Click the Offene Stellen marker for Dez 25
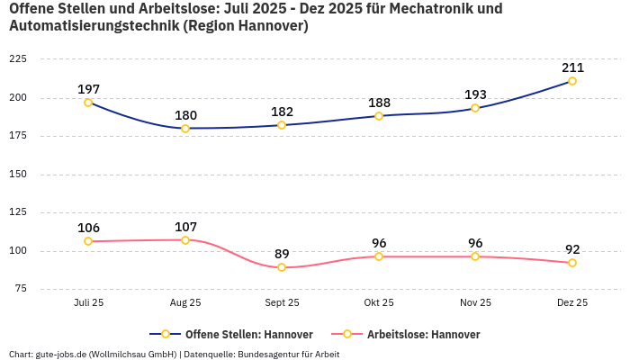point(572,81)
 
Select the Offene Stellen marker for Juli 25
point(88,103)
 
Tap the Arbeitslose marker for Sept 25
point(282,267)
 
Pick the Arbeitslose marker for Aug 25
point(185,240)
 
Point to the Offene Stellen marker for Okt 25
point(379,116)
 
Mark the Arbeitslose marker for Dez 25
point(572,263)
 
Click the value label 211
point(572,67)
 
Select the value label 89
point(282,254)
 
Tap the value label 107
point(185,227)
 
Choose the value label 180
point(185,115)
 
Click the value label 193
point(475,94)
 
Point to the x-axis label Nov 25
point(475,303)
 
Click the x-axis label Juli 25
point(88,303)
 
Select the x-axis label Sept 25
point(282,303)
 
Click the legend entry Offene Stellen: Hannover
point(239,335)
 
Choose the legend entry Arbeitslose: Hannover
point(414,335)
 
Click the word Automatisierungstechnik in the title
point(93,26)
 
